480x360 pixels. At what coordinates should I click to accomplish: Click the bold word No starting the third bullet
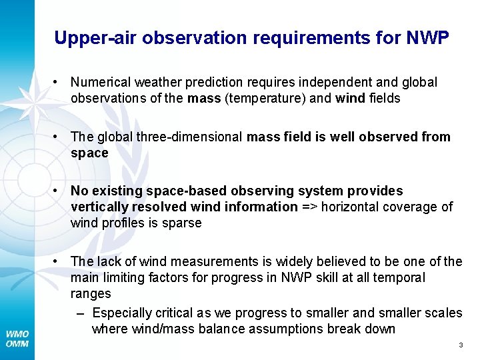tap(79, 191)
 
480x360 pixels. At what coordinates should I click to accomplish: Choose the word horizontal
tap(349, 207)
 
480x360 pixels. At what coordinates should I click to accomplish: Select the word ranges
tap(91, 293)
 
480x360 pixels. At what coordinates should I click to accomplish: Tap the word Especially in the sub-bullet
tap(122, 313)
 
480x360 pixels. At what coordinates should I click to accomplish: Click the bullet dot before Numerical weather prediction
tap(59, 82)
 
